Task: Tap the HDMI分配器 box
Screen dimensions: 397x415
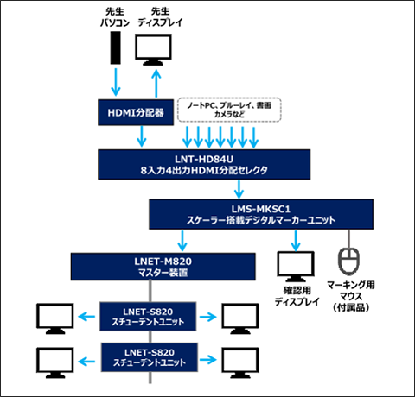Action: (132, 110)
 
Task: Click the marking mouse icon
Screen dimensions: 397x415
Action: (348, 259)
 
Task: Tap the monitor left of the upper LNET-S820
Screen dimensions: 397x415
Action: (53, 317)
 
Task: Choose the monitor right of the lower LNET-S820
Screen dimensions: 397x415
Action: (240, 358)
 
